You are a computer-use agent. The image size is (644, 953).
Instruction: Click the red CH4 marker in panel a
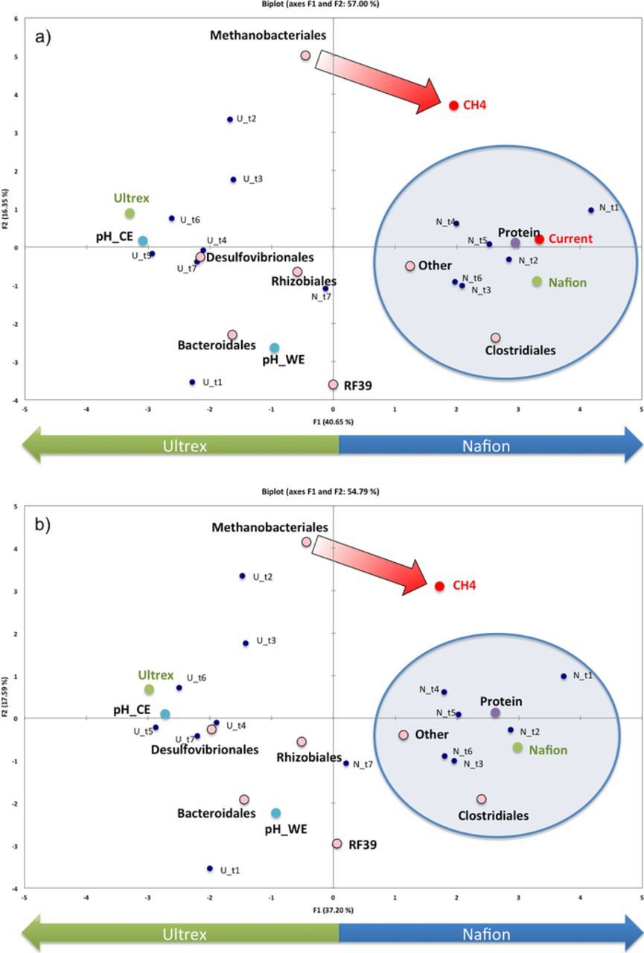click(453, 106)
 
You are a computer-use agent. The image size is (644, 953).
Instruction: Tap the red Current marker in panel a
click(539, 239)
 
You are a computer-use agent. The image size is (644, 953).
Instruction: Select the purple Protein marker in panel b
click(495, 713)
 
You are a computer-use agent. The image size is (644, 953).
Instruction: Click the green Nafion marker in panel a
click(537, 281)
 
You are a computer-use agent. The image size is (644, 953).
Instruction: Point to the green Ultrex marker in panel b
click(149, 689)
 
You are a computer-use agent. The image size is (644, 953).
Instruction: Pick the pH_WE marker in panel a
click(274, 348)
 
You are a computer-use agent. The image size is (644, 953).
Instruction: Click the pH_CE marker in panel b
click(165, 714)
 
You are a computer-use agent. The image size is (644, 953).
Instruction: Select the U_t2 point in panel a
click(230, 119)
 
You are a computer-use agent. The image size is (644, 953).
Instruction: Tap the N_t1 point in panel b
click(564, 676)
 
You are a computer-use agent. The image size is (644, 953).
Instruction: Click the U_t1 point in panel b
click(210, 868)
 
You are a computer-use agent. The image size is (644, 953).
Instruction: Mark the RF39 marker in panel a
click(333, 385)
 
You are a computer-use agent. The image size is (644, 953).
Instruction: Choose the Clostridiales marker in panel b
click(482, 799)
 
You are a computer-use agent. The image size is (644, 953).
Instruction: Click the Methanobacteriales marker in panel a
click(305, 55)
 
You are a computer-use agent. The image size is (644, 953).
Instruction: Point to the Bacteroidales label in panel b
click(211, 813)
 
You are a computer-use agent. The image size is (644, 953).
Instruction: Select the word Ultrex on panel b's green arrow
click(185, 934)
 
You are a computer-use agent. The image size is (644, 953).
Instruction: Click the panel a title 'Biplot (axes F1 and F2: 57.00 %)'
click(322, 4)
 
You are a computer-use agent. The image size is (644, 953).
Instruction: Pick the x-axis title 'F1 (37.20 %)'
click(333, 910)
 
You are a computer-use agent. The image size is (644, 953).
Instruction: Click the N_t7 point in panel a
click(325, 289)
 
